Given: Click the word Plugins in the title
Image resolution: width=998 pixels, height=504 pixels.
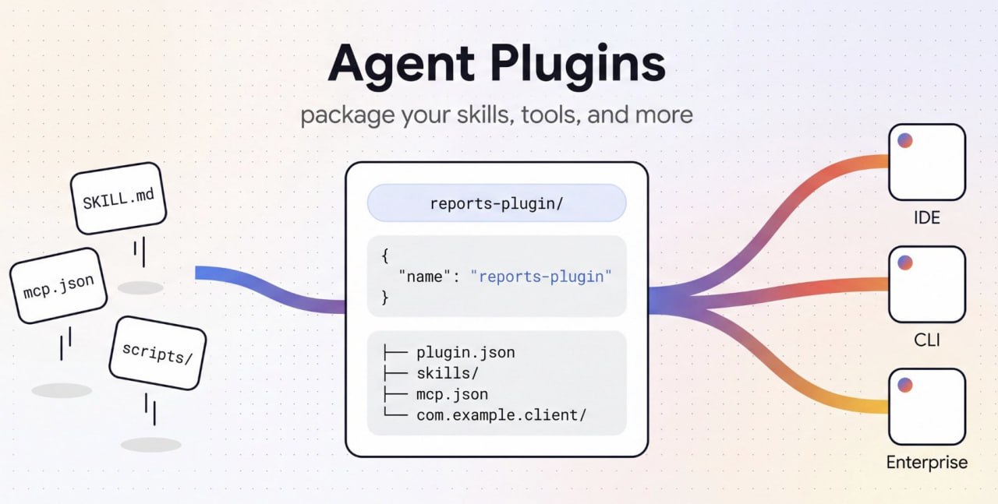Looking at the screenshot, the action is click(578, 66).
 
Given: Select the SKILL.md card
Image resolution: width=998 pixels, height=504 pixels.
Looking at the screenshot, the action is click(119, 198).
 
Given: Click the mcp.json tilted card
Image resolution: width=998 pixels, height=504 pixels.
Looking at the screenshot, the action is click(58, 286).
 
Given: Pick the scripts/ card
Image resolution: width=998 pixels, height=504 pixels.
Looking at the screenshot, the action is click(157, 353).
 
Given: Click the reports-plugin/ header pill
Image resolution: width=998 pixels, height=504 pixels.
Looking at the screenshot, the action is click(497, 203).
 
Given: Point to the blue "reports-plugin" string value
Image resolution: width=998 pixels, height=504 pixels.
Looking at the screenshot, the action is click(541, 277).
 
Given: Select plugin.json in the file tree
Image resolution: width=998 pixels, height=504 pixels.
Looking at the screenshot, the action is click(465, 353).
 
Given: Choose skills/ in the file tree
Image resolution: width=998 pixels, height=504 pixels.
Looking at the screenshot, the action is click(448, 373).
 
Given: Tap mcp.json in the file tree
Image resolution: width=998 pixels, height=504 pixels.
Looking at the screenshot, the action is click(452, 394).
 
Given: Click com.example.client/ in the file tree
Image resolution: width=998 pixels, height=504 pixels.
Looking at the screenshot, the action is click(501, 415).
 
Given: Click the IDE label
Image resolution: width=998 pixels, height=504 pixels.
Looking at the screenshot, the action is click(927, 217).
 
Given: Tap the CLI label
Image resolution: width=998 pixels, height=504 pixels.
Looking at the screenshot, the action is click(927, 340).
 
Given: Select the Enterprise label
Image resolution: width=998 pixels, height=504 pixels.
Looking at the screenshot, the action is click(927, 462).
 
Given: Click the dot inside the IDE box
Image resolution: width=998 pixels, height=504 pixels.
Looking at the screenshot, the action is click(905, 141).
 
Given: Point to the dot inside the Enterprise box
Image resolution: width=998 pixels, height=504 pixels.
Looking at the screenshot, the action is click(905, 385).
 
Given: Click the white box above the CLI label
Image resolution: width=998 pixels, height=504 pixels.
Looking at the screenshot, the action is click(927, 284).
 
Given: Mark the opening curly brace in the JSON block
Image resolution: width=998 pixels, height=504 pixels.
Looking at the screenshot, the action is click(385, 256).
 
